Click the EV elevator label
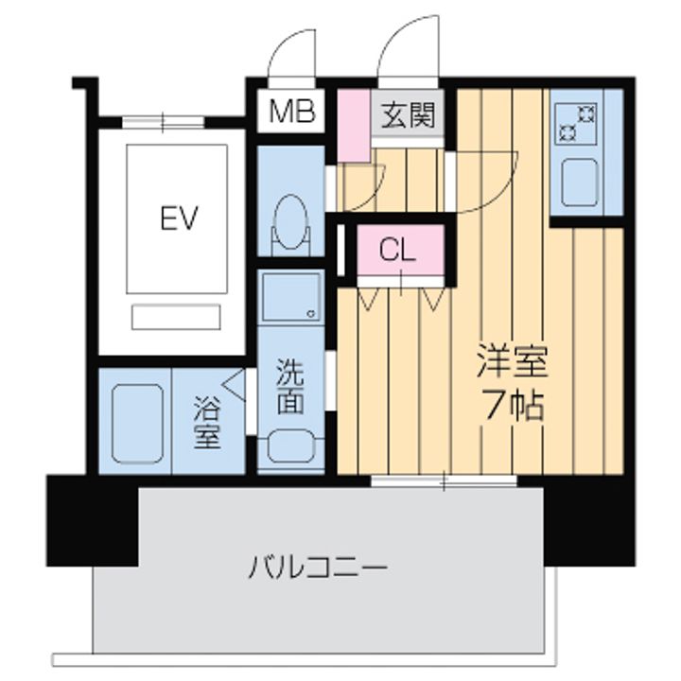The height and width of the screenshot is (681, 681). [177, 219]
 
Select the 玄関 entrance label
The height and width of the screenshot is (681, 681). [409, 116]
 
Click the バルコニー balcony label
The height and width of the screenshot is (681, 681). [319, 568]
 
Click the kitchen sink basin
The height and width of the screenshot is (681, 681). [579, 180]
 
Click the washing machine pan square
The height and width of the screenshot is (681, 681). [290, 298]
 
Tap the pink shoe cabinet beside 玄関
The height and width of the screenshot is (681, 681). [353, 123]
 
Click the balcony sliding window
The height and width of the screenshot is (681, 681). [443, 482]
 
